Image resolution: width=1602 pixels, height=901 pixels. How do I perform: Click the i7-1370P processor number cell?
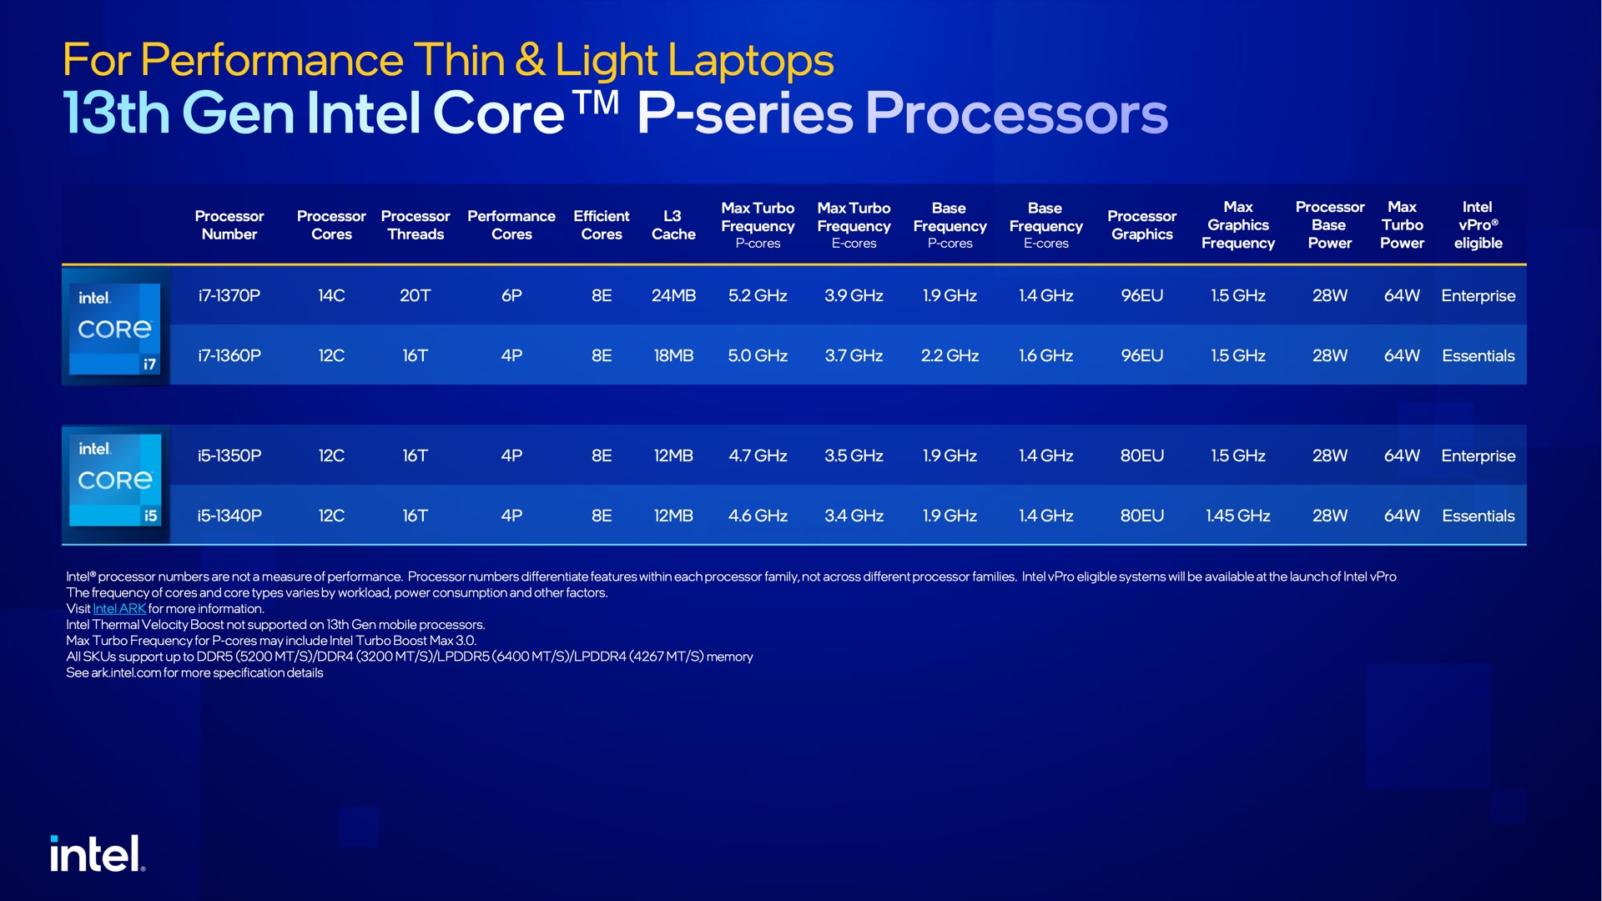click(x=229, y=295)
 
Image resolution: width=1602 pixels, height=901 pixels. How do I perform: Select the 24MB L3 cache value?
click(x=673, y=295)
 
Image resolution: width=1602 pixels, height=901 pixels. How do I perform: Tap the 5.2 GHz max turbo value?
click(x=758, y=295)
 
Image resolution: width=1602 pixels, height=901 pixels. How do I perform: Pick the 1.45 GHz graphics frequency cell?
click(x=1237, y=516)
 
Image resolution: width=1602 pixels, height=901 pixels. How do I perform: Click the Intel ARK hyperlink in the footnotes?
click(x=119, y=609)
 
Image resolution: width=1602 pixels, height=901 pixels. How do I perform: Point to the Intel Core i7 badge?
click(x=115, y=327)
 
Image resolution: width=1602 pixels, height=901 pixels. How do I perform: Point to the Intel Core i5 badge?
click(x=115, y=481)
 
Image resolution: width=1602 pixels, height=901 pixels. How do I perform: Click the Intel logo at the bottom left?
click(x=97, y=854)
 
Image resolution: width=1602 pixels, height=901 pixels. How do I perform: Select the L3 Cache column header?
click(x=673, y=225)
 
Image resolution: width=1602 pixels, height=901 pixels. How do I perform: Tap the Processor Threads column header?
click(x=416, y=225)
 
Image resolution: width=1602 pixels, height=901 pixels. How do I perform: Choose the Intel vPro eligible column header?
click(x=1478, y=225)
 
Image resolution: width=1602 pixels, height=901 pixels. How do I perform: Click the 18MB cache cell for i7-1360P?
click(x=673, y=355)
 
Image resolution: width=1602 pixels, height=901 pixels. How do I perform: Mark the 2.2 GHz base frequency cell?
click(x=950, y=355)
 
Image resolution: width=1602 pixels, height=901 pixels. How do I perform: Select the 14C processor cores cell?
click(x=331, y=295)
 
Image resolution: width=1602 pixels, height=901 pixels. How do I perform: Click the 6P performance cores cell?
click(x=511, y=295)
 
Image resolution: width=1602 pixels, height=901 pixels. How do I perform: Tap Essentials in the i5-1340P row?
click(x=1478, y=516)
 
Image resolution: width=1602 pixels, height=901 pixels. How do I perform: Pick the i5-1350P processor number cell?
click(x=229, y=456)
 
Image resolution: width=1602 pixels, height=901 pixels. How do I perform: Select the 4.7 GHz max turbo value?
click(x=758, y=456)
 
